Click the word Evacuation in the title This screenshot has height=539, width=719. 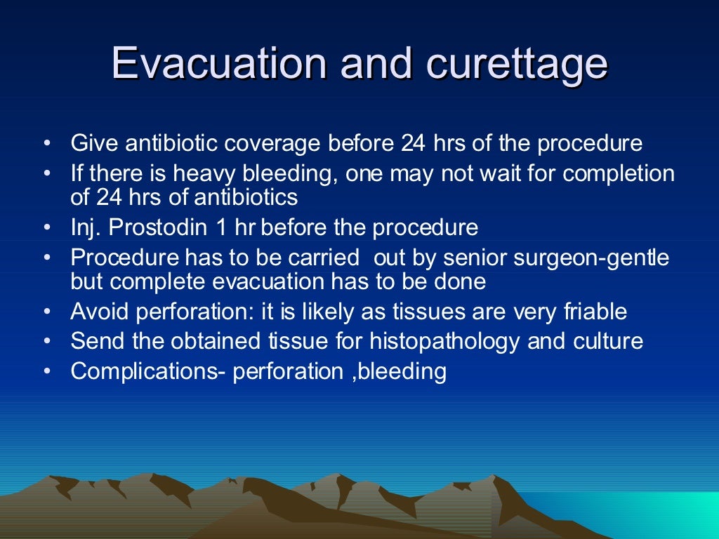pyautogui.click(x=219, y=65)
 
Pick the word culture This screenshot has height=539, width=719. pyautogui.click(x=609, y=341)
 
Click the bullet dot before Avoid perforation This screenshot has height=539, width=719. pyautogui.click(x=46, y=312)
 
